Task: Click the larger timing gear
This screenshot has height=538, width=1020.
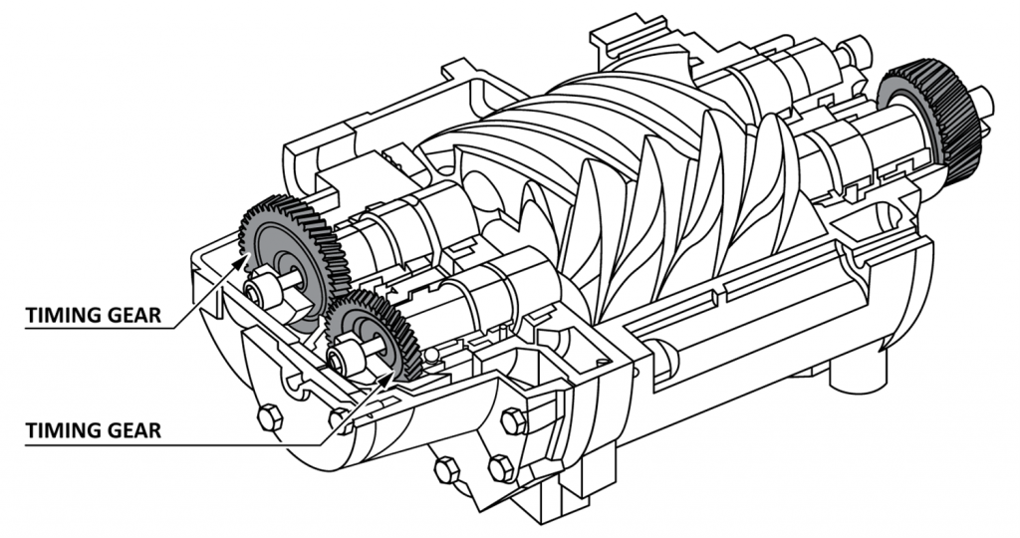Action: click(294, 249)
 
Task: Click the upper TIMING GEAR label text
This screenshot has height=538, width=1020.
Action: click(95, 315)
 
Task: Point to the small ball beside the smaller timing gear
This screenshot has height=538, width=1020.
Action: click(429, 354)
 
